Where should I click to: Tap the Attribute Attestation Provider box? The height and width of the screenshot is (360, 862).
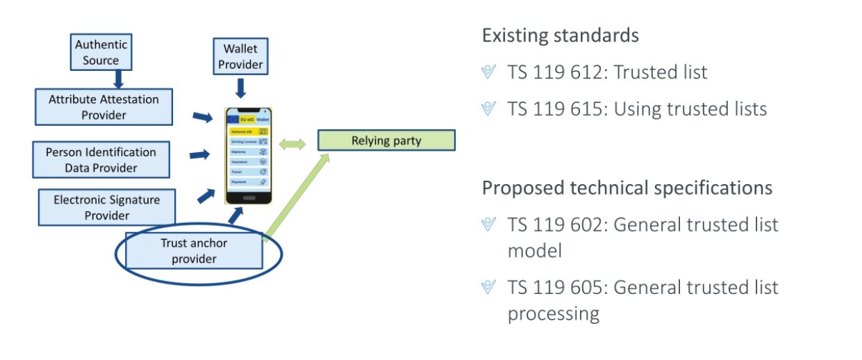coord(103,107)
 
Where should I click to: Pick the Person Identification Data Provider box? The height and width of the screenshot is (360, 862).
coord(101,159)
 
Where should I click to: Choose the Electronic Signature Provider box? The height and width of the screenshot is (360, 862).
coord(106,207)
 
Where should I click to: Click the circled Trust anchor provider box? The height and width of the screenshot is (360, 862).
coord(194,251)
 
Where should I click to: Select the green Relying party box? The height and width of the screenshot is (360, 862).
coord(386,140)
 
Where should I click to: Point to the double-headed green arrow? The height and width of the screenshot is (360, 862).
coord(292,144)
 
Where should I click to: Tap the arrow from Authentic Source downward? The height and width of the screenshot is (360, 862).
coord(118,78)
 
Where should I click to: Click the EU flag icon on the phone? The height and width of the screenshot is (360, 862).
coord(234,119)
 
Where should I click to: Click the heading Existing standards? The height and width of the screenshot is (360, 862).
coord(560,35)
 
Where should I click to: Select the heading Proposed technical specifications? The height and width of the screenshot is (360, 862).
coord(627,188)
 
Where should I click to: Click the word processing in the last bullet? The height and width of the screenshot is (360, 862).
coord(553,313)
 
